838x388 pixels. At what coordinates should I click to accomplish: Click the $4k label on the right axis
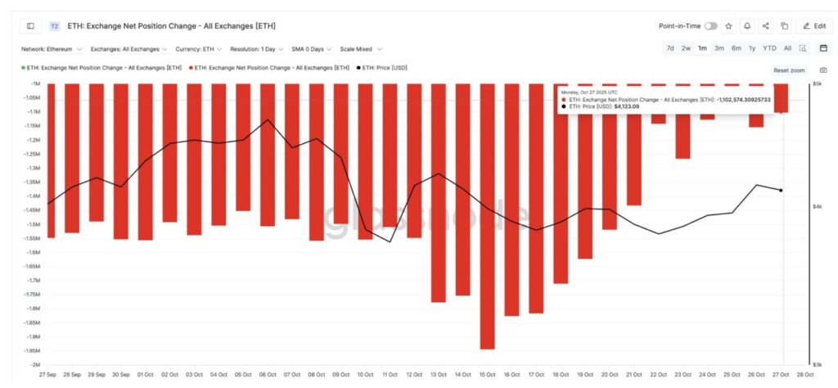[817, 207]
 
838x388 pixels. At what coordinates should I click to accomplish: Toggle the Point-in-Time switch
[710, 26]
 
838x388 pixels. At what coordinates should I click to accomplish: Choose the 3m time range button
[719, 48]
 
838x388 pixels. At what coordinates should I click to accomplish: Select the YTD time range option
[769, 48]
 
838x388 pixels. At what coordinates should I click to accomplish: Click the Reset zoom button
[789, 70]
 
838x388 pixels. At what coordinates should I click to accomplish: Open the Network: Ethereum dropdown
[53, 49]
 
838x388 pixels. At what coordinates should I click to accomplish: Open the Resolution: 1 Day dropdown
[257, 49]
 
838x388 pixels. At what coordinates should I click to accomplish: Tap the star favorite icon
[729, 26]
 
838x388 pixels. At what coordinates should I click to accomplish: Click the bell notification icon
[747, 26]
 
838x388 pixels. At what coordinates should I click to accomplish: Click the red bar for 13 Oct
[439, 193]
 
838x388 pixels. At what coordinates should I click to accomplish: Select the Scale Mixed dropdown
[361, 49]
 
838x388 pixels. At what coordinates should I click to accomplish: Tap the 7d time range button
[670, 48]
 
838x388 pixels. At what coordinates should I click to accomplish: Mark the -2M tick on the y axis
[35, 364]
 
